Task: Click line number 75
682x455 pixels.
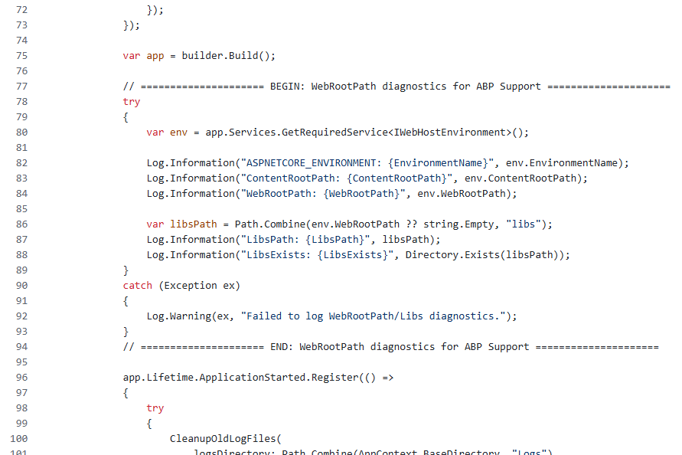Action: [21, 56]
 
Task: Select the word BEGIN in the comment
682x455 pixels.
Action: [285, 87]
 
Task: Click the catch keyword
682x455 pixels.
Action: [138, 286]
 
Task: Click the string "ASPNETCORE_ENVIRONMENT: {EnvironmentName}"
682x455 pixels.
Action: [364, 163]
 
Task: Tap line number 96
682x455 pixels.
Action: [21, 378]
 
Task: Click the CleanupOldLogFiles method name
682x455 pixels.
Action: [223, 439]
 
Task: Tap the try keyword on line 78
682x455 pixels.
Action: [132, 102]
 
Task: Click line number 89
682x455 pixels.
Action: [21, 270]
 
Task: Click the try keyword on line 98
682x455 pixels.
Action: [155, 408]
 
